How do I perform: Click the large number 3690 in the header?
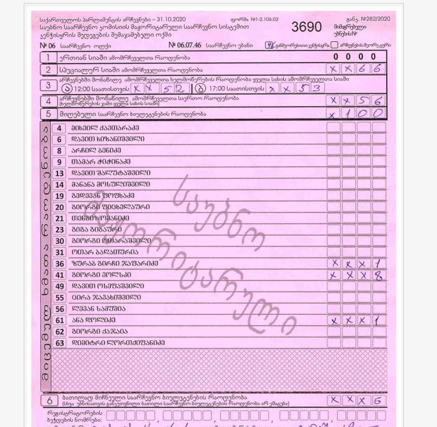(x=306, y=27)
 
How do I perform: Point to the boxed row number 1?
(x=48, y=57)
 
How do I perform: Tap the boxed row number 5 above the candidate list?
(x=48, y=114)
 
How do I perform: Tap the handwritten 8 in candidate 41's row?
(x=379, y=276)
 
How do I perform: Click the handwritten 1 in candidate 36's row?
(x=379, y=264)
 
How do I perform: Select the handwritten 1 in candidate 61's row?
(x=379, y=321)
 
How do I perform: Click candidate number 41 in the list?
(x=59, y=275)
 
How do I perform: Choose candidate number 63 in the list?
(x=59, y=343)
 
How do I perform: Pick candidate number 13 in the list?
(x=59, y=173)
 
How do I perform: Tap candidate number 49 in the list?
(x=59, y=286)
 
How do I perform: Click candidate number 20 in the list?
(x=59, y=207)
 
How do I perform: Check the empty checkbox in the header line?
(x=335, y=45)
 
